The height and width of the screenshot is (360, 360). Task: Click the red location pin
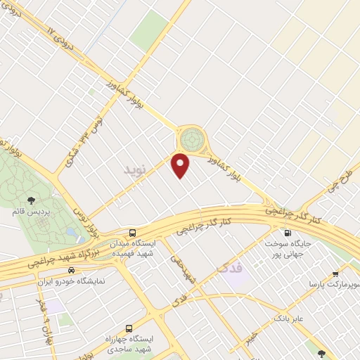click(182, 165)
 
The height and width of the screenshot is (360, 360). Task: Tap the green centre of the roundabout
click(189, 139)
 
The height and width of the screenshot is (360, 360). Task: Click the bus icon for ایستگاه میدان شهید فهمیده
click(133, 233)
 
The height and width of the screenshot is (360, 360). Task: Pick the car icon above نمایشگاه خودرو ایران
click(72, 270)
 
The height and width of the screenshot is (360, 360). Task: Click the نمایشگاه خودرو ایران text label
click(70, 281)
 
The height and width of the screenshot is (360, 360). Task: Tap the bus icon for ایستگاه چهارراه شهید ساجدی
click(129, 328)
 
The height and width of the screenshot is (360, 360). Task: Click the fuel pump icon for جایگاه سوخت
click(286, 233)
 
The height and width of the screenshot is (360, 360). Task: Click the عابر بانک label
click(289, 318)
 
